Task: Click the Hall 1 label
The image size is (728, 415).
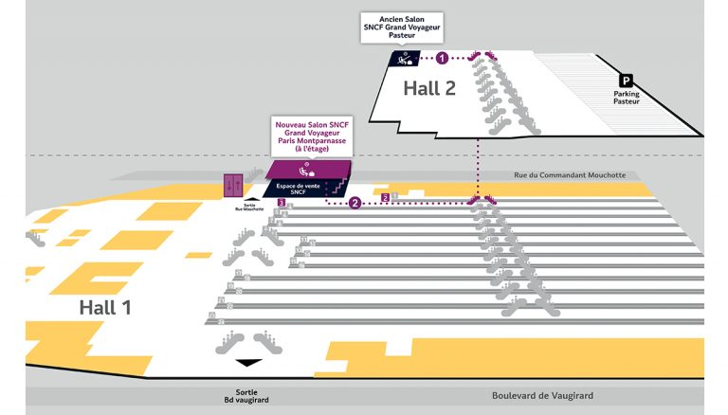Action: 106,307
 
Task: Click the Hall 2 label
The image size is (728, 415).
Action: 429,88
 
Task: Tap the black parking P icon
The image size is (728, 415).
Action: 626,81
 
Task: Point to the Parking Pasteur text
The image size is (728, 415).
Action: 626,98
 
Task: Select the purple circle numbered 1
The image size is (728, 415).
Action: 442,59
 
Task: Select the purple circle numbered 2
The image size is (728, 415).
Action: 355,203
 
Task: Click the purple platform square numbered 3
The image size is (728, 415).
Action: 282,203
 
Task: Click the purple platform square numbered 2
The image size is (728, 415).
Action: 386,197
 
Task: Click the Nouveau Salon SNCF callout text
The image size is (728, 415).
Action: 310,139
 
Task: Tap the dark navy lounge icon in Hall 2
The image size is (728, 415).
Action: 405,59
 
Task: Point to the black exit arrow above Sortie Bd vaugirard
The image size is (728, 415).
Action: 248,363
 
